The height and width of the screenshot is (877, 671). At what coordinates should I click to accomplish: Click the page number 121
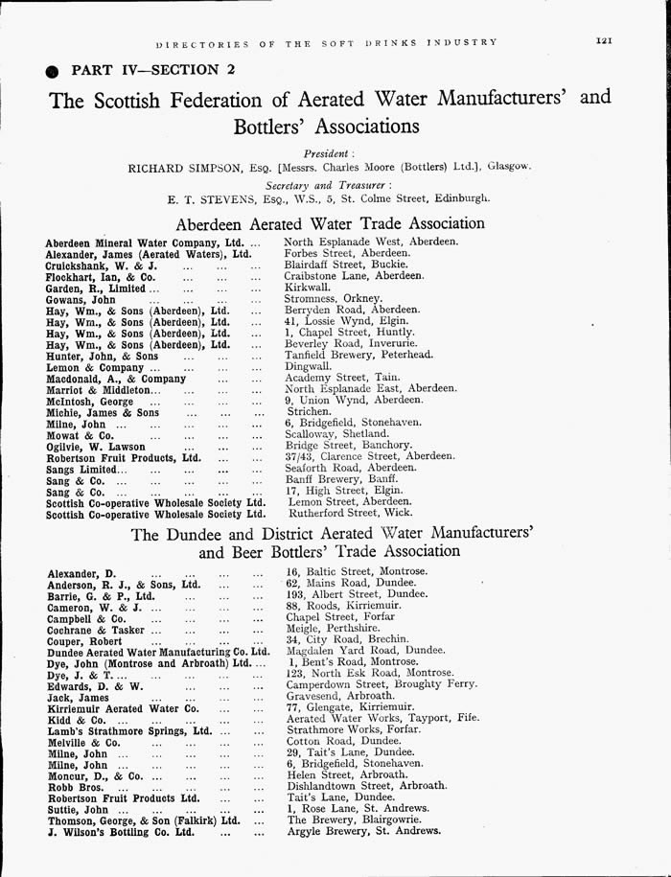point(604,41)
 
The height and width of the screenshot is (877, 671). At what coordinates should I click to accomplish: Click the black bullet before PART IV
point(51,70)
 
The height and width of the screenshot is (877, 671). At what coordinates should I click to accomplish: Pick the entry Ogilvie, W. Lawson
point(96,447)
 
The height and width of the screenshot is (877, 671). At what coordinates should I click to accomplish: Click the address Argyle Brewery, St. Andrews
point(364,831)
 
